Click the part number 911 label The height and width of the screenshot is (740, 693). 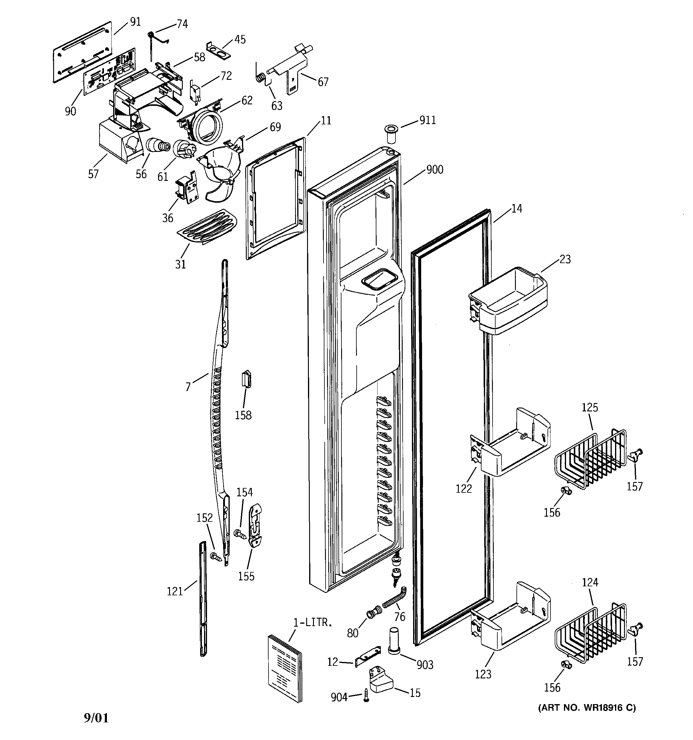coord(427,120)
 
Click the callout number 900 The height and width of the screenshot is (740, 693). coord(435,170)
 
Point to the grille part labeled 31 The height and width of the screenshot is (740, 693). coord(207,227)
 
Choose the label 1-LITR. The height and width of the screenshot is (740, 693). coord(312,622)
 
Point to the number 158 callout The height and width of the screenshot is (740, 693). coord(243,415)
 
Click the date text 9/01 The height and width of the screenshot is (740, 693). coord(96,718)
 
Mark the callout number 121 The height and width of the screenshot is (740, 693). coord(175,591)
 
